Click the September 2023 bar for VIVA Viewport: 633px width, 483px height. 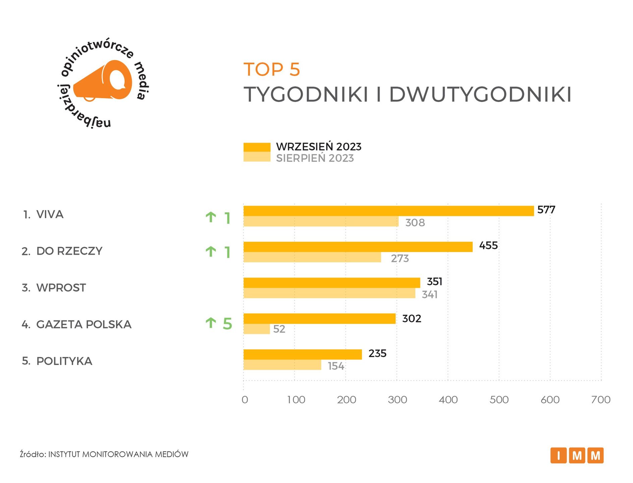coord(388,211)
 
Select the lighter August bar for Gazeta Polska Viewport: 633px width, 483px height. coord(256,329)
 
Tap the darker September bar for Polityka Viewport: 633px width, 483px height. coord(302,354)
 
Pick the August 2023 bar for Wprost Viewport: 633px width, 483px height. coord(329,293)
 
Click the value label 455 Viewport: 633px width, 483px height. coord(488,246)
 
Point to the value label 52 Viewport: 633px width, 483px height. coord(279,329)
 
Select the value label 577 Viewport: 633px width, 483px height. coord(546,210)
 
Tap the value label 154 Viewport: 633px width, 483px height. coord(336,366)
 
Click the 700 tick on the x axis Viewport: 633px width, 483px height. coord(601,399)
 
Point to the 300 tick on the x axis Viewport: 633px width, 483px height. coord(397,399)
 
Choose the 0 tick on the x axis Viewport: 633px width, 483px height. coord(245,399)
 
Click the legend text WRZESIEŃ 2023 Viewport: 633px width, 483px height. coord(319,147)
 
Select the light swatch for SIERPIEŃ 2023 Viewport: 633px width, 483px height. coord(257,157)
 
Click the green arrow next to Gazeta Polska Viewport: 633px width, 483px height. coord(211,323)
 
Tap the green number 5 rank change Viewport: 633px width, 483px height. coord(227,324)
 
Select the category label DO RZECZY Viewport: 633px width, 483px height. coord(69,251)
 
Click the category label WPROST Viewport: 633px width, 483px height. coord(61,288)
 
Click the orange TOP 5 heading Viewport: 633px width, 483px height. coord(272,69)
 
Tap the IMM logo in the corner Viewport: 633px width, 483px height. coord(577,455)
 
